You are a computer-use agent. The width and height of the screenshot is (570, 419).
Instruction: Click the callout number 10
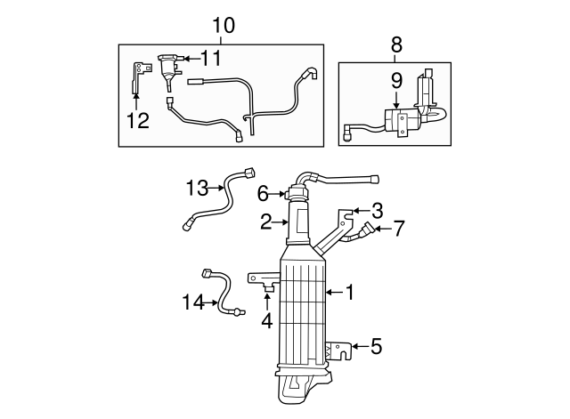point(224,26)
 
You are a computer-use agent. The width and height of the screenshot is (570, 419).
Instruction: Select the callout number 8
point(396,45)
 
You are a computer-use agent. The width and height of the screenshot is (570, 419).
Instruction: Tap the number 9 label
point(396,81)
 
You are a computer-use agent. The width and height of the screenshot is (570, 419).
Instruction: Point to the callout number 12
point(138,121)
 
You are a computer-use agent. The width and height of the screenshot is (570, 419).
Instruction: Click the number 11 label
point(211,58)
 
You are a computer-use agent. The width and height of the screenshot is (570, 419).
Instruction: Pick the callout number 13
point(197,188)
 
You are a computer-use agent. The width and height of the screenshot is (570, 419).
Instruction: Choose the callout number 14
point(193,302)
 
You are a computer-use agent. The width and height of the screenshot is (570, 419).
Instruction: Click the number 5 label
point(376,346)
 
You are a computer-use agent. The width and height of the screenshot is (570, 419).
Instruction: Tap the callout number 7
point(398,229)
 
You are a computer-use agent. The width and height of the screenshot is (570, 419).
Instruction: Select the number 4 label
point(267,320)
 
